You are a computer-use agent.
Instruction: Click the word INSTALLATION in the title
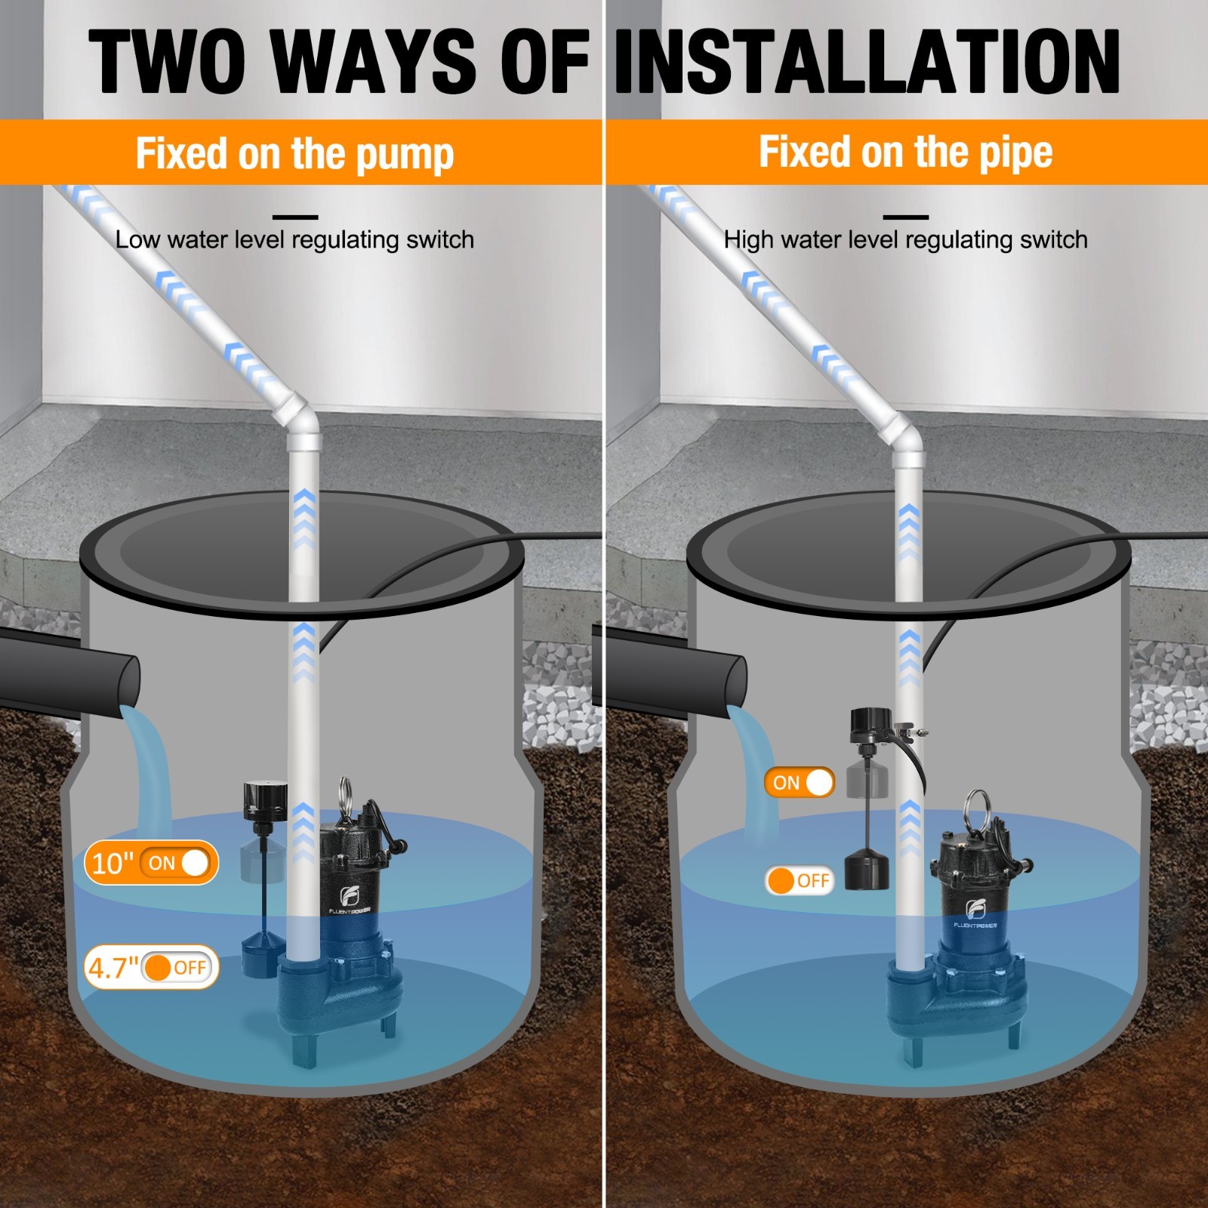tap(867, 62)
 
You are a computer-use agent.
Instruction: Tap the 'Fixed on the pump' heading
tap(294, 153)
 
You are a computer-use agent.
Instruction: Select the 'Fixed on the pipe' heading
tap(905, 152)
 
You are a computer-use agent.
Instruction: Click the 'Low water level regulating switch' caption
tap(294, 239)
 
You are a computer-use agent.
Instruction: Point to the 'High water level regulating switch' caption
tap(906, 239)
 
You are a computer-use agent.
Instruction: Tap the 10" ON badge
tap(151, 862)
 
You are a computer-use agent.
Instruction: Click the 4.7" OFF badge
tap(151, 967)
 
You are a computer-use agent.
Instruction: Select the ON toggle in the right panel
tap(800, 782)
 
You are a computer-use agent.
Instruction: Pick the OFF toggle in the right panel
tap(800, 880)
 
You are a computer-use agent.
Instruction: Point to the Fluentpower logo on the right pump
tap(975, 913)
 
